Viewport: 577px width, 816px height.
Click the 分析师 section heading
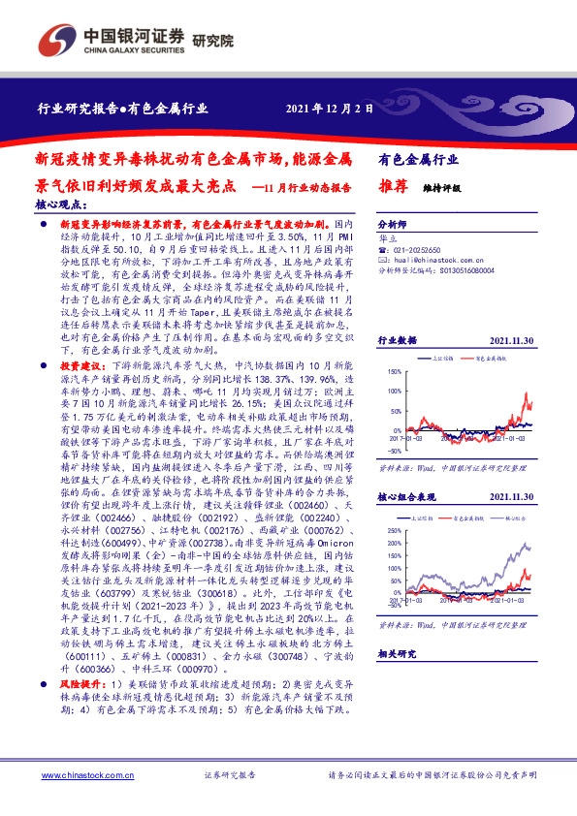(393, 221)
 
